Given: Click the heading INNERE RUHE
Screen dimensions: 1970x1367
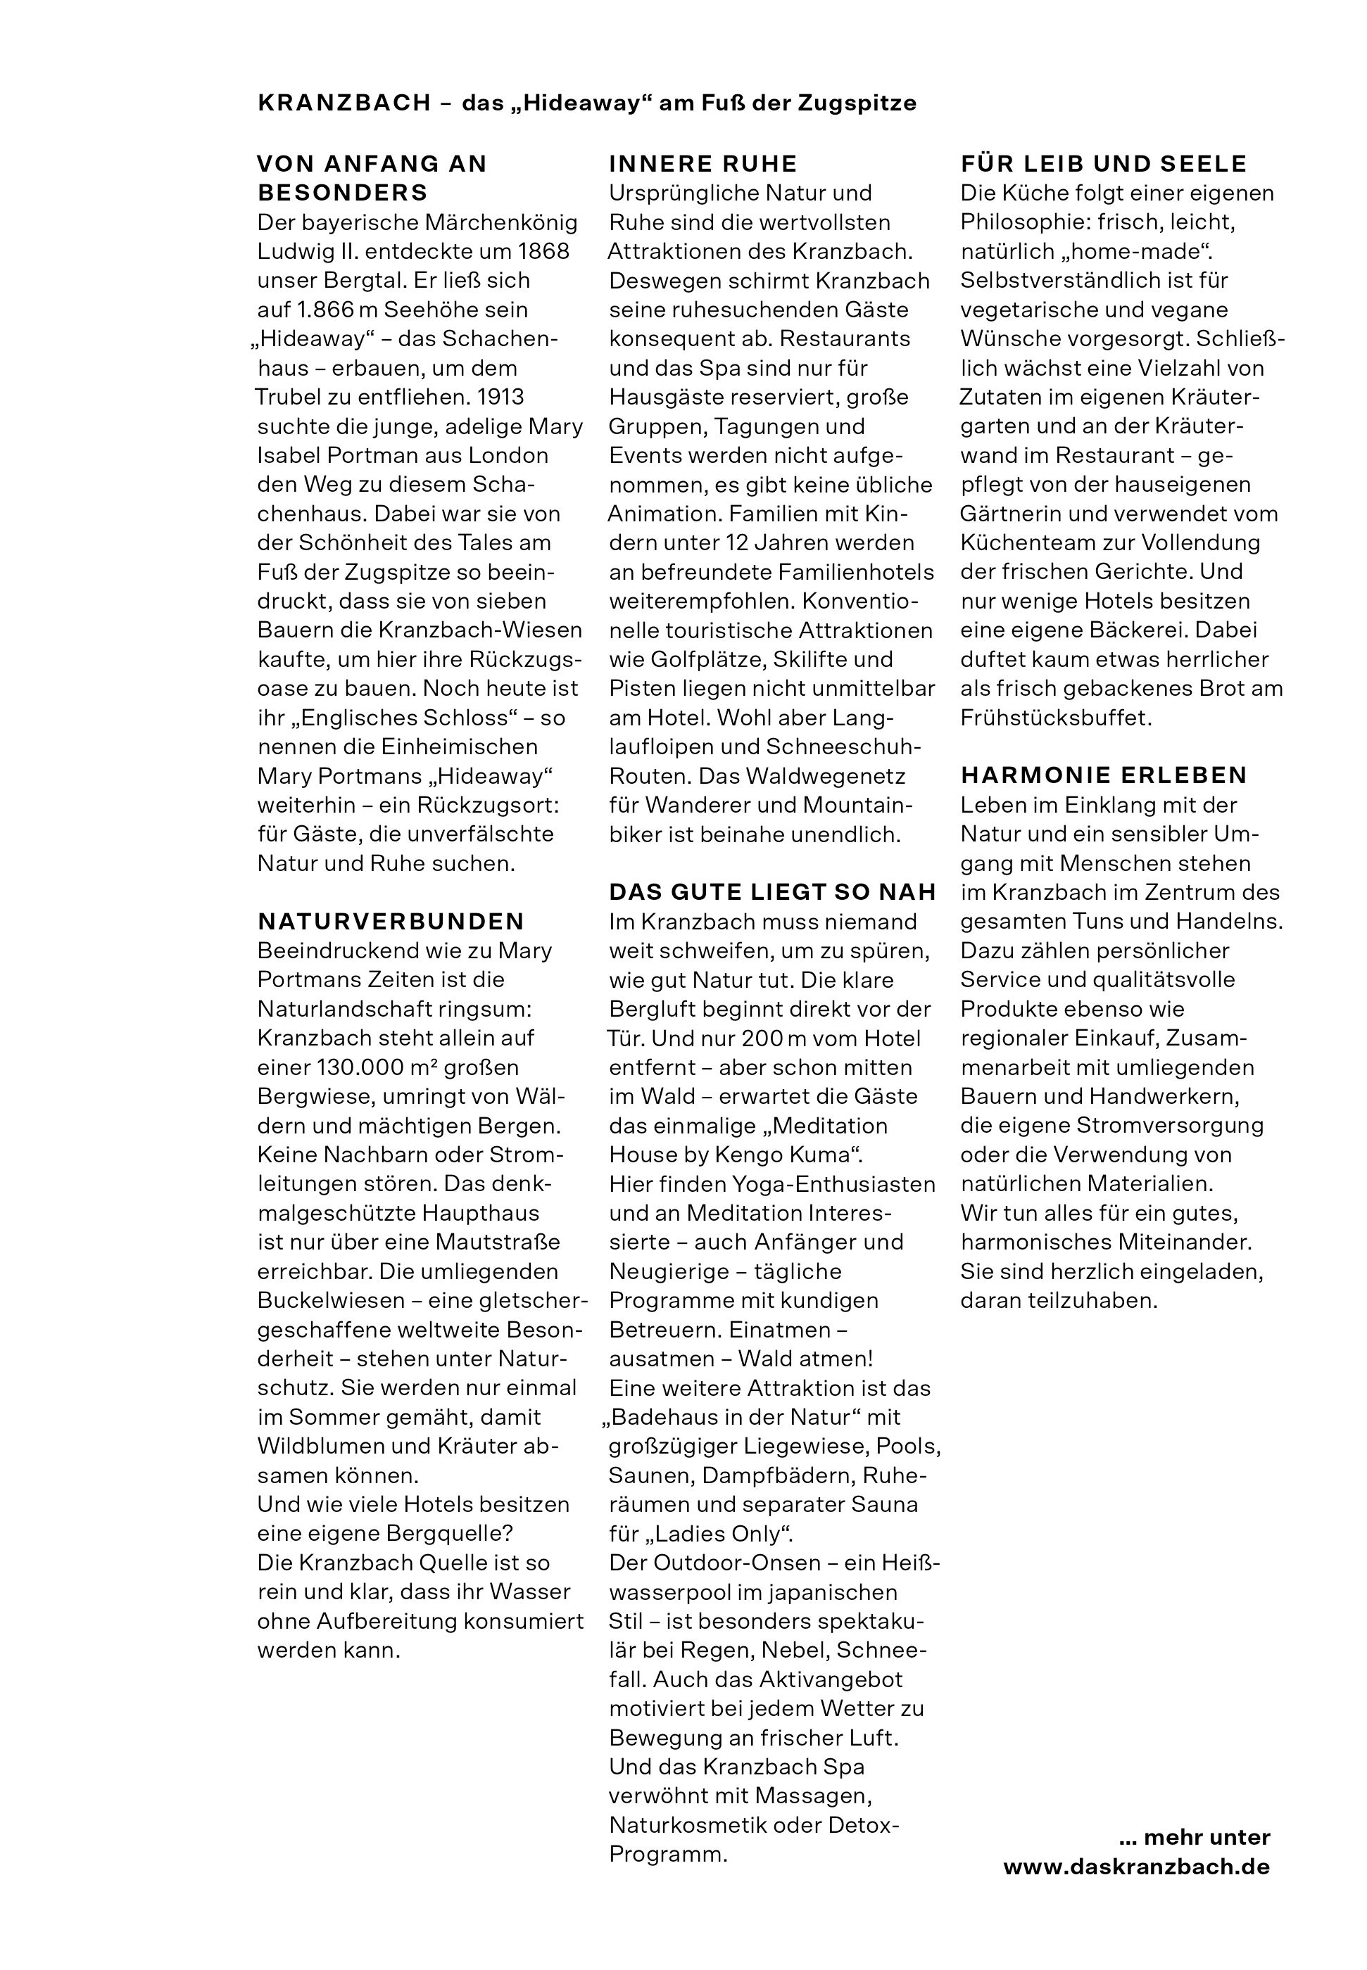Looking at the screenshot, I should [703, 163].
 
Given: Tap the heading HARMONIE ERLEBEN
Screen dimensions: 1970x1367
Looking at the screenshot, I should [1103, 775].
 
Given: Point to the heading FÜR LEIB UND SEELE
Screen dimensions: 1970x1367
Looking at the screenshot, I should [1103, 163].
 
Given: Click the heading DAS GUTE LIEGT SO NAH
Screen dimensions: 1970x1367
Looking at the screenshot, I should [773, 892].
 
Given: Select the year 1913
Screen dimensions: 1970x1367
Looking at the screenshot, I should [500, 398].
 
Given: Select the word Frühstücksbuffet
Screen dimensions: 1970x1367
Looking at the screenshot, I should [1055, 718].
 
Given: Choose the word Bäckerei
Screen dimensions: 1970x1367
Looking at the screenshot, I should [1134, 630].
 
